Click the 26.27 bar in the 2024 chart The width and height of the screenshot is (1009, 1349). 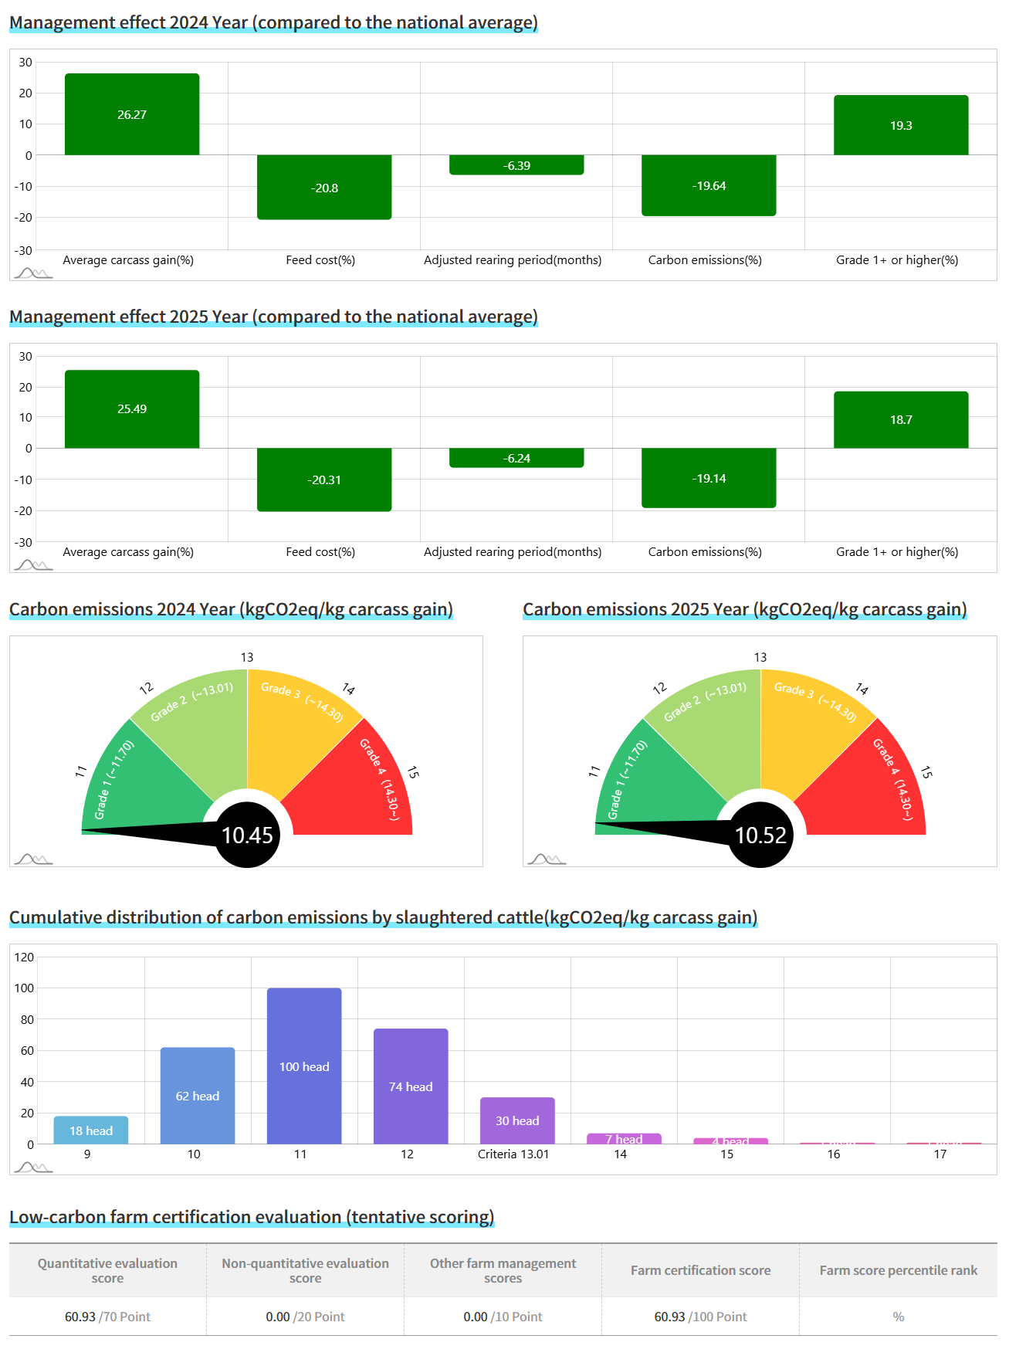pyautogui.click(x=132, y=114)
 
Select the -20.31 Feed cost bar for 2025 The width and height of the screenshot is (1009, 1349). pyautogui.click(x=324, y=480)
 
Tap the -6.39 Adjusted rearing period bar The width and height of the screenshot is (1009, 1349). pyautogui.click(x=516, y=165)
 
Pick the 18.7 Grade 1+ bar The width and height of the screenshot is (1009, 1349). pyautogui.click(x=901, y=419)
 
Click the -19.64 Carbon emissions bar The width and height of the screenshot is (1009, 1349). pyautogui.click(x=709, y=185)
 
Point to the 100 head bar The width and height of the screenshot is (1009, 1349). pyautogui.click(x=304, y=1066)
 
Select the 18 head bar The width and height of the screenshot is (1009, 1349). pyautogui.click(x=91, y=1130)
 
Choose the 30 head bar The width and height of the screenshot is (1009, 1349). pyautogui.click(x=517, y=1120)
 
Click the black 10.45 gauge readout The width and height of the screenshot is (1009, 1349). pyautogui.click(x=247, y=835)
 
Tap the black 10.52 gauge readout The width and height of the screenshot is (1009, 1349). pyautogui.click(x=760, y=835)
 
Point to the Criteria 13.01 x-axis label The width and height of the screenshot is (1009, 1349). pyautogui.click(x=513, y=1154)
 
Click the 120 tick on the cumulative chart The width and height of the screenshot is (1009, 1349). pyautogui.click(x=25, y=957)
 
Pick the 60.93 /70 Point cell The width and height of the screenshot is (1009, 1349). pyautogui.click(x=107, y=1317)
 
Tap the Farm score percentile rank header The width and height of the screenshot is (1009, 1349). pyautogui.click(x=898, y=1270)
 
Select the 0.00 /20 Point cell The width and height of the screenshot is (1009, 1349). pyautogui.click(x=305, y=1317)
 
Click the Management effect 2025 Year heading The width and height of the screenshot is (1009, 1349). pyautogui.click(x=273, y=317)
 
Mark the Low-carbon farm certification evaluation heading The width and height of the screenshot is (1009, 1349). pyautogui.click(x=252, y=1217)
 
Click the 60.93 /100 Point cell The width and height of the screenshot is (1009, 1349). pyautogui.click(x=700, y=1317)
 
